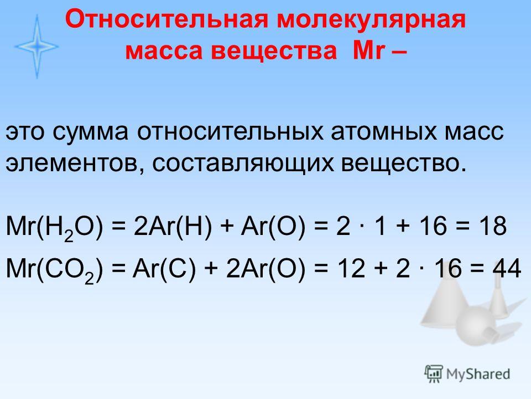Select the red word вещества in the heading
click(274, 51)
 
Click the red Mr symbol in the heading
click(369, 50)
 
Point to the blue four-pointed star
click(37, 47)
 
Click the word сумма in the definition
click(90, 132)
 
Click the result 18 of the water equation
click(493, 226)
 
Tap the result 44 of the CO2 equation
click(507, 268)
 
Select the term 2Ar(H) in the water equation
click(173, 226)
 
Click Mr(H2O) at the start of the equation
click(54, 227)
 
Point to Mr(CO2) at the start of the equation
click(54, 270)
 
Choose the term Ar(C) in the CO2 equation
click(164, 269)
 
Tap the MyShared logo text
click(478, 374)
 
